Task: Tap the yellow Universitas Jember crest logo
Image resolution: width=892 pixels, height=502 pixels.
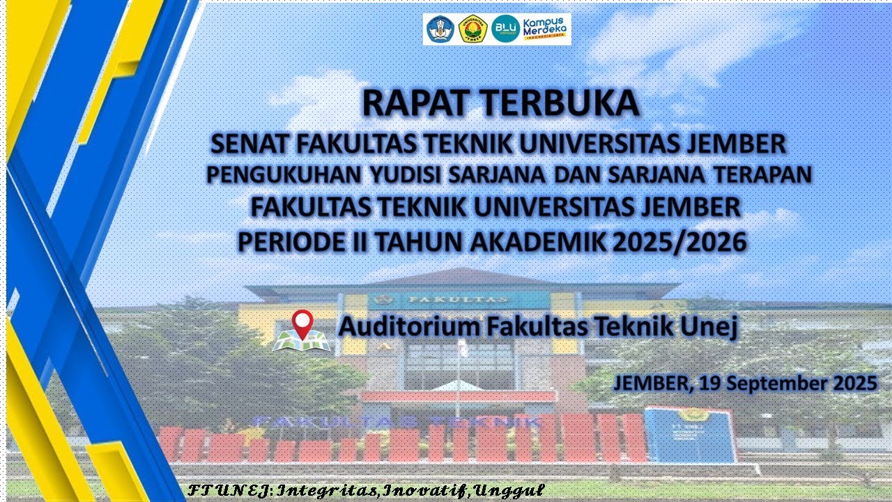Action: click(x=474, y=29)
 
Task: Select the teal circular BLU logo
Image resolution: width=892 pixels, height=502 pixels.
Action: click(x=505, y=29)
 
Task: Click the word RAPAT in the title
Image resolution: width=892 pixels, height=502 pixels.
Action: click(x=411, y=104)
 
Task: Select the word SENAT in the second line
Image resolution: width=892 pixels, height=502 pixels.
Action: click(x=249, y=144)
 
